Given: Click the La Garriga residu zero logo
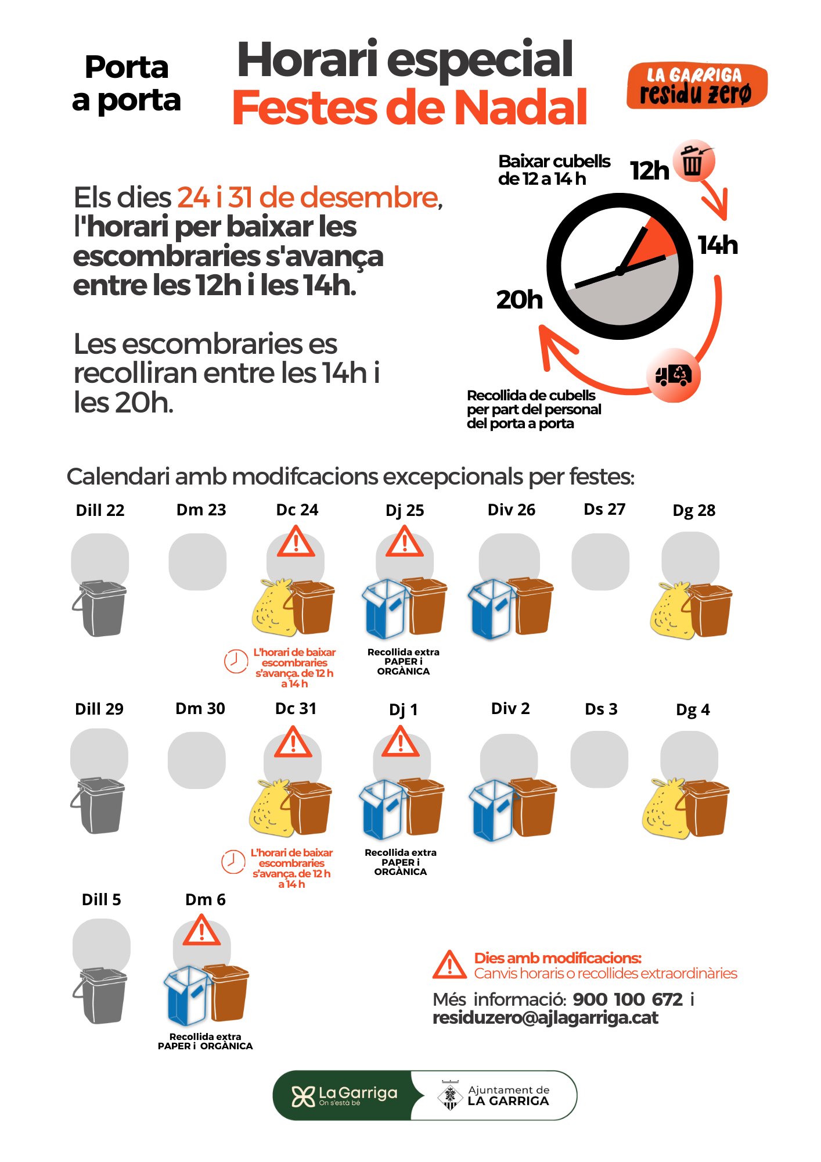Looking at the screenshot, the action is (697, 85).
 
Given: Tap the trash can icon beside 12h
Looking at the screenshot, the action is (693, 161).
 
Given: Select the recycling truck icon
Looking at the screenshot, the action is (674, 375).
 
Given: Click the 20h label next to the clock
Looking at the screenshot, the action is (519, 300).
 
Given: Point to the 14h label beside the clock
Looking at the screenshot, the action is (718, 245).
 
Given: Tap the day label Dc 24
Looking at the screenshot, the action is (297, 510).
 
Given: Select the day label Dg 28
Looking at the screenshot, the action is (694, 511).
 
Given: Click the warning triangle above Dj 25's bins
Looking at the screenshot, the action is (405, 542).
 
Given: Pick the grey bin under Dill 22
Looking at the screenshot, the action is (100, 608).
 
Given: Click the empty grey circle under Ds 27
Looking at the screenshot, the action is (600, 562).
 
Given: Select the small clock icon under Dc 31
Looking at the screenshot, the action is (233, 862).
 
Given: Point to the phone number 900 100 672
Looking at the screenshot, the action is (628, 999).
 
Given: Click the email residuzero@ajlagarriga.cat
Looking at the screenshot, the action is (546, 1018).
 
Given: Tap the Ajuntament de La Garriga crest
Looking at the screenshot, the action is (450, 1096).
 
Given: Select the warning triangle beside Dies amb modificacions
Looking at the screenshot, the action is (449, 965).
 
